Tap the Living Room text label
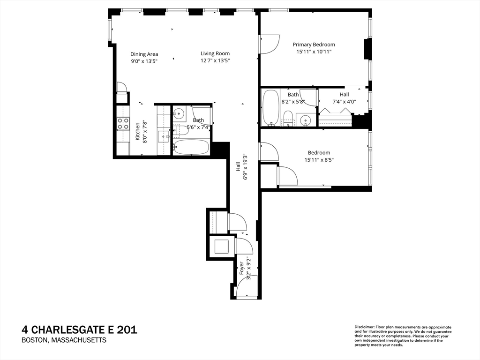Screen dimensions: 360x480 (215, 53)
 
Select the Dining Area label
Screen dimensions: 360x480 (144, 54)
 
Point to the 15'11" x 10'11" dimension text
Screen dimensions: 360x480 (314, 52)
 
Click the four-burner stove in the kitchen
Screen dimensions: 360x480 (123, 123)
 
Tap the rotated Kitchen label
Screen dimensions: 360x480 (138, 132)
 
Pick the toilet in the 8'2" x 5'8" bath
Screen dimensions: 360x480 (288, 118)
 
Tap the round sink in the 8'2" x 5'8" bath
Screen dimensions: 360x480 (306, 120)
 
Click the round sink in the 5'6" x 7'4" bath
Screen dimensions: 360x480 (179, 113)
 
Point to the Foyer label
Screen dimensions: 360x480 (242, 268)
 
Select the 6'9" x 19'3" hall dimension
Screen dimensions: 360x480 (245, 166)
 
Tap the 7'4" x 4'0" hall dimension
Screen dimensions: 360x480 (344, 101)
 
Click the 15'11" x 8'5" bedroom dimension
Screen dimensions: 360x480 (319, 160)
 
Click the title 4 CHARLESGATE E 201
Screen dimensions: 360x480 (80, 330)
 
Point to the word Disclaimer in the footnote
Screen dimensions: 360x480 (363, 327)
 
